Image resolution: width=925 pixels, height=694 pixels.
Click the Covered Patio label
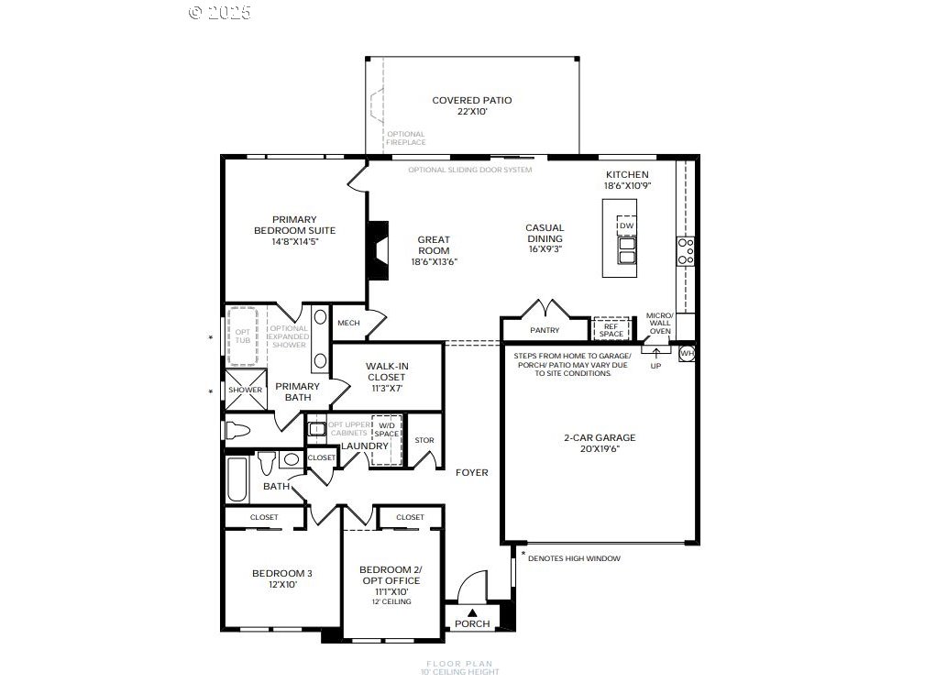point(471,101)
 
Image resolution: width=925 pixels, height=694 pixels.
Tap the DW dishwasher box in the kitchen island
point(626,226)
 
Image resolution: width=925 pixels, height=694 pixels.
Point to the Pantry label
point(545,330)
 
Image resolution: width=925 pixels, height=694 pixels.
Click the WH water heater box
point(687,353)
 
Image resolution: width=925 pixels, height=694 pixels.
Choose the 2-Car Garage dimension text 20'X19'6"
point(599,449)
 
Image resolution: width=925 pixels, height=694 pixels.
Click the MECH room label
point(348,323)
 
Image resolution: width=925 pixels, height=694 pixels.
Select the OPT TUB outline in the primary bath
point(242,336)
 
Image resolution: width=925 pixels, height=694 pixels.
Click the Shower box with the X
point(245,390)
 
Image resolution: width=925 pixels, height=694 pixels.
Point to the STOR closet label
point(424,440)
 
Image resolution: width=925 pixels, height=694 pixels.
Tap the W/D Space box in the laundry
point(387,429)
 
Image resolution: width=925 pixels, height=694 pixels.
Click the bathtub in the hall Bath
point(237,479)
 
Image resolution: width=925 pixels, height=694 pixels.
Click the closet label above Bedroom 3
point(264,518)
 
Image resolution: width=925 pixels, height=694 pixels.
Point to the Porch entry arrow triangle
point(472,612)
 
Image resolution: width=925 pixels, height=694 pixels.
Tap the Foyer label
point(472,472)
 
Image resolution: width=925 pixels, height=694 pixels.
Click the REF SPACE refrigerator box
point(611,329)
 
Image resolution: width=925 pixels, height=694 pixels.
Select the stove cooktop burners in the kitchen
point(685,250)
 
